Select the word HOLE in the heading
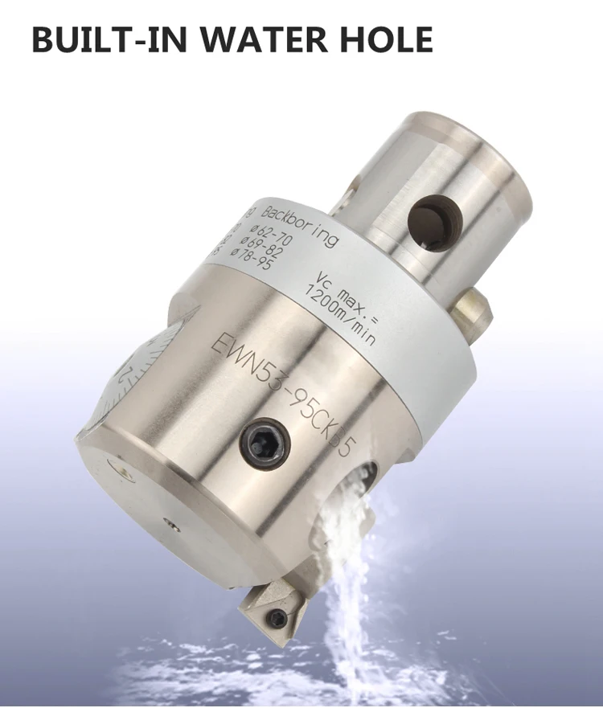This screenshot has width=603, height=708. pyautogui.click(x=381, y=39)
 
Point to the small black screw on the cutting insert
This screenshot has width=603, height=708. pyautogui.click(x=277, y=617)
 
